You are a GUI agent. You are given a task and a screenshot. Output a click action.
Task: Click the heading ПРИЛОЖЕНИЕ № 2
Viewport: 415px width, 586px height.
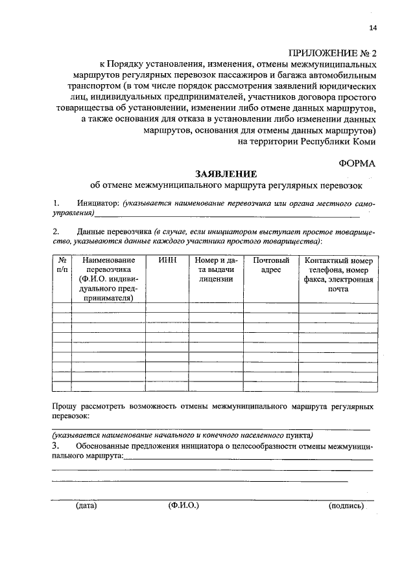coord(332,53)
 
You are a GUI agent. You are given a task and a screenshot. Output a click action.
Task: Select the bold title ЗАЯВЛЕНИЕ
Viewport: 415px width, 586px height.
coord(226,174)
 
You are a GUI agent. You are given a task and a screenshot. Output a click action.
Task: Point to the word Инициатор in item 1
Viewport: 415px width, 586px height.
coord(98,203)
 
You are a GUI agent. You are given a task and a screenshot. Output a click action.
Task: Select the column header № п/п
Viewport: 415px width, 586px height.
coord(62,265)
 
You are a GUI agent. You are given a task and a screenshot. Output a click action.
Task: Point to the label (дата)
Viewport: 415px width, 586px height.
coord(86,505)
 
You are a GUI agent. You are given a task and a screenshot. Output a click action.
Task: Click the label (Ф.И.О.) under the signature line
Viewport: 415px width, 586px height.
coord(184,505)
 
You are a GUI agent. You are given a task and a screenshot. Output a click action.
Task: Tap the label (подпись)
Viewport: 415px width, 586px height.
coord(346,506)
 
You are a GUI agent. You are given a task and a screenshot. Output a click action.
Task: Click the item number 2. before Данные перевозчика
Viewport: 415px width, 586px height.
coord(56,231)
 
